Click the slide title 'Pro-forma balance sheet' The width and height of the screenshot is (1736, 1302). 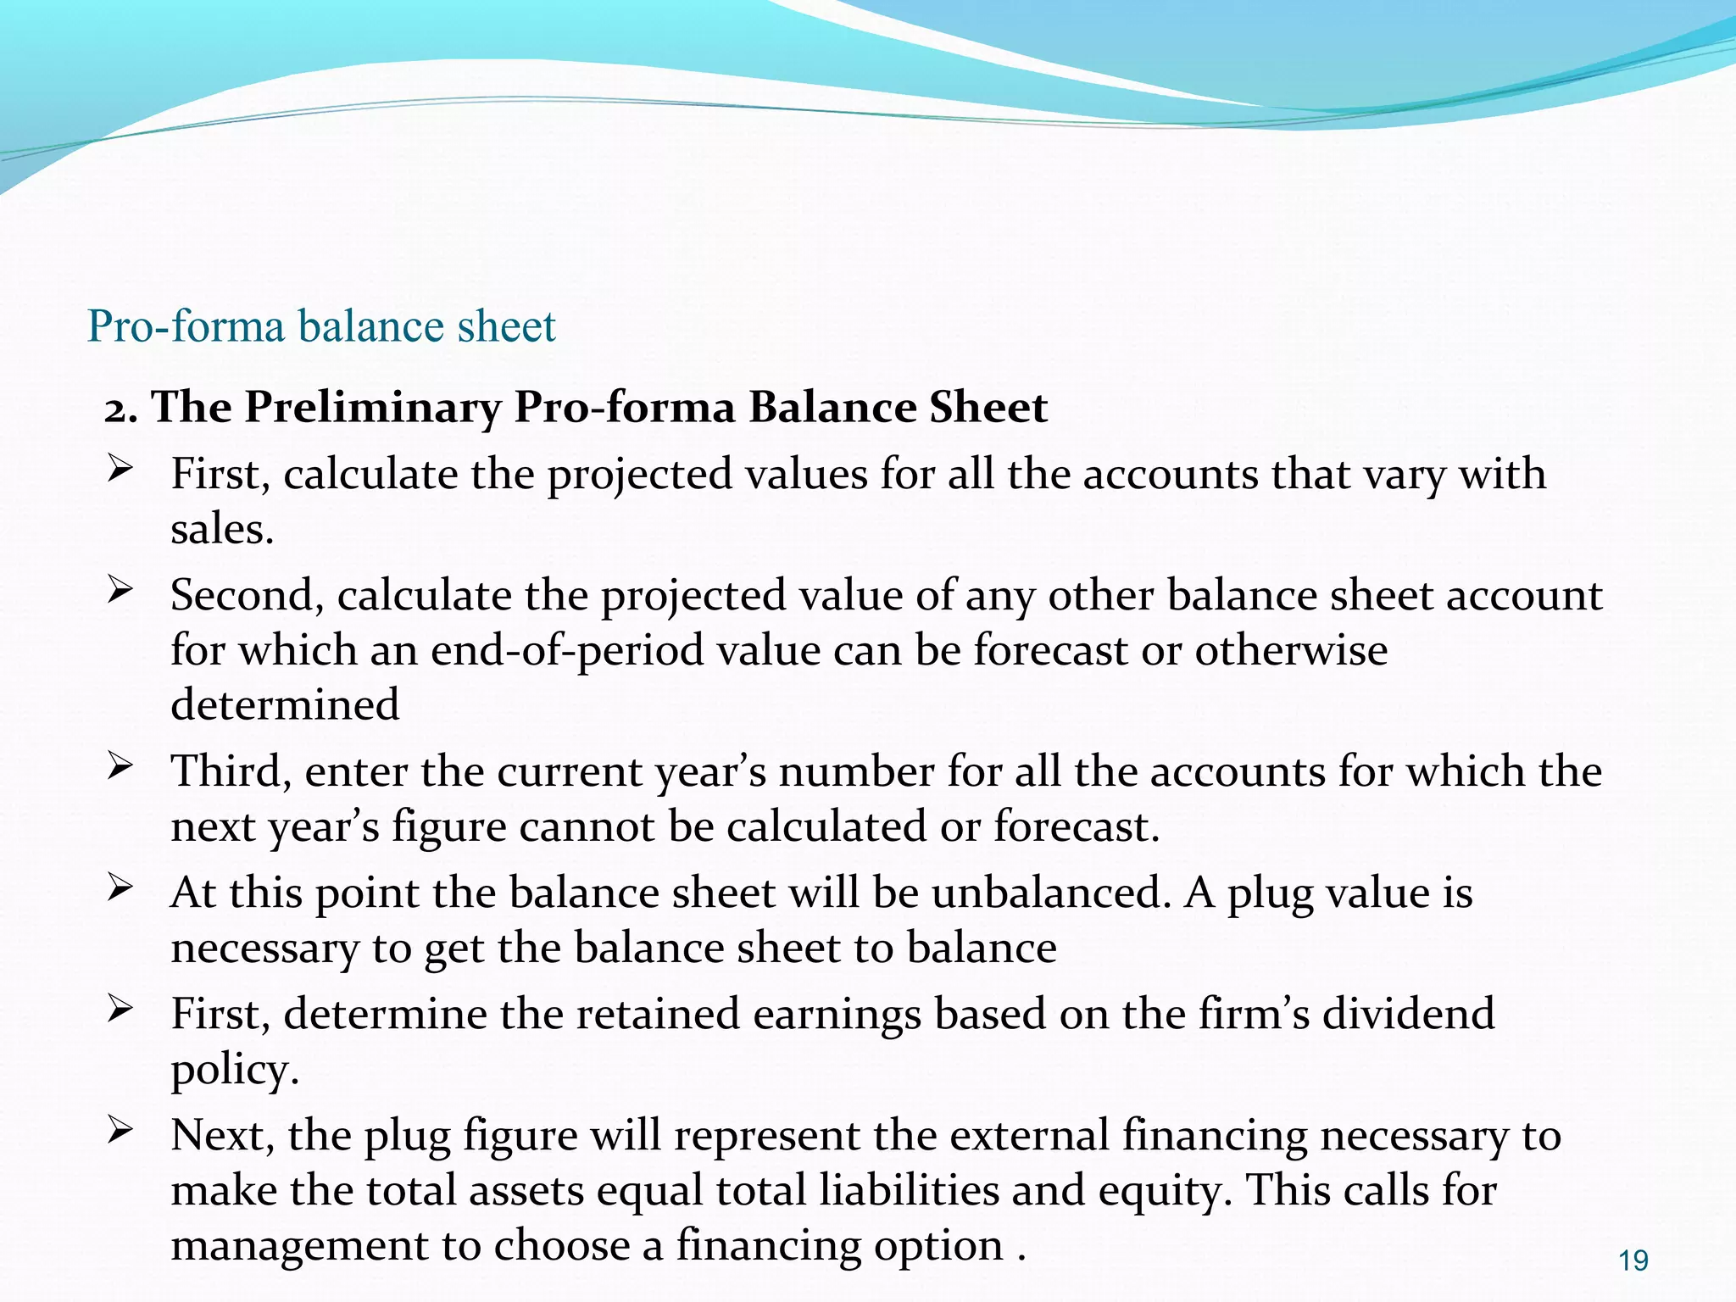tap(321, 326)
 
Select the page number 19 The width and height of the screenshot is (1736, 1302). tap(1633, 1260)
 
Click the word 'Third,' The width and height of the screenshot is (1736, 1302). tap(231, 771)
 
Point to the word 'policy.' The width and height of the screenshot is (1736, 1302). tap(235, 1070)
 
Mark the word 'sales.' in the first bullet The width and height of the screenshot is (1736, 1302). tap(222, 530)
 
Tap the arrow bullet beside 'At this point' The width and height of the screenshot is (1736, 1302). tap(120, 888)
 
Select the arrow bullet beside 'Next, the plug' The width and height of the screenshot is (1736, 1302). tap(120, 1131)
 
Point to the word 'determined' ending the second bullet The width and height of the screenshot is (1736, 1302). tap(285, 705)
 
